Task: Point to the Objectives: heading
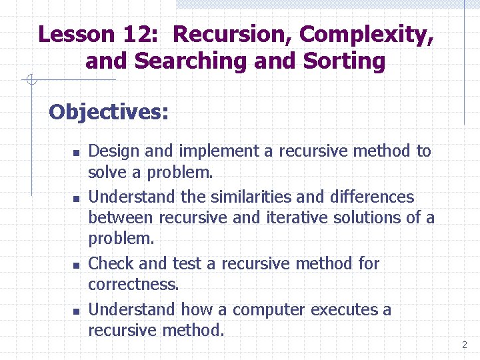point(109,111)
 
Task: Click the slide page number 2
point(464,345)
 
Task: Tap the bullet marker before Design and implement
point(76,153)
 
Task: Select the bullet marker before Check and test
point(76,265)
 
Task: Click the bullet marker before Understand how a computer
point(76,311)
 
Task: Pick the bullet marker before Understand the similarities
point(76,199)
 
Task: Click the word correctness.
point(133,284)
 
